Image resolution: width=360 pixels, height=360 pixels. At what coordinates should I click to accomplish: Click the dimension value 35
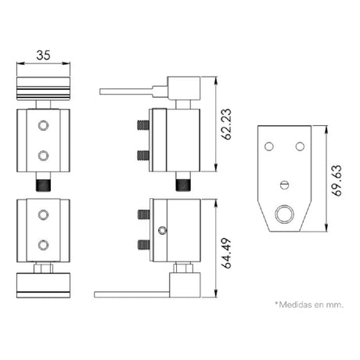43,55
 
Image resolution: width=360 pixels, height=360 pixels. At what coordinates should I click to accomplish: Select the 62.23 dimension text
225,124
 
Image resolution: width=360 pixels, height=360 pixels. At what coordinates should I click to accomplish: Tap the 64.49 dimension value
225,253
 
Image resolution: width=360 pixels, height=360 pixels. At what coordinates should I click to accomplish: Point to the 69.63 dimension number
337,180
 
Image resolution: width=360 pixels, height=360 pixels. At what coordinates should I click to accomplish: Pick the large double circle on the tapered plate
285,214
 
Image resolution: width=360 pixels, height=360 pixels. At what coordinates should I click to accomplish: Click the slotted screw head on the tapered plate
285,185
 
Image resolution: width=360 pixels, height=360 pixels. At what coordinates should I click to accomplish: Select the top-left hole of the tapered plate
269,146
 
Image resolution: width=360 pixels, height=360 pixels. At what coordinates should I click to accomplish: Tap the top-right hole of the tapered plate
300,146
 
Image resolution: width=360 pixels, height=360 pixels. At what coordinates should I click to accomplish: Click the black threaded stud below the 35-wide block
43,185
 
